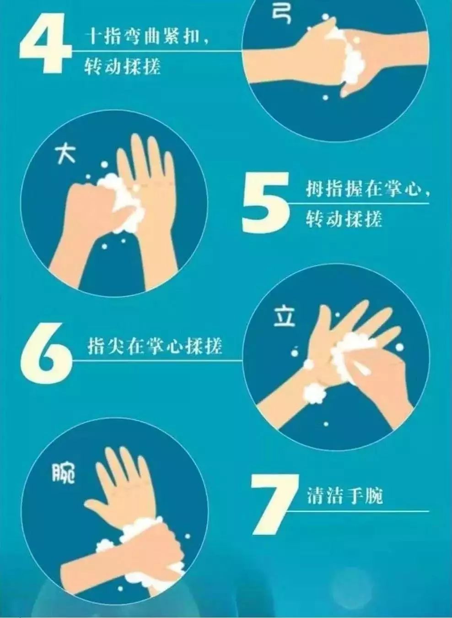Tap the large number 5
click(x=265, y=201)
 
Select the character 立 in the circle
click(x=284, y=317)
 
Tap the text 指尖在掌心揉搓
click(x=155, y=346)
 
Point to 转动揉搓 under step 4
click(x=123, y=67)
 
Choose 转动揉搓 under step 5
click(x=344, y=219)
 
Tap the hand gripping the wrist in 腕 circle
click(x=156, y=549)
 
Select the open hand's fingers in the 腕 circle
click(x=121, y=472)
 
